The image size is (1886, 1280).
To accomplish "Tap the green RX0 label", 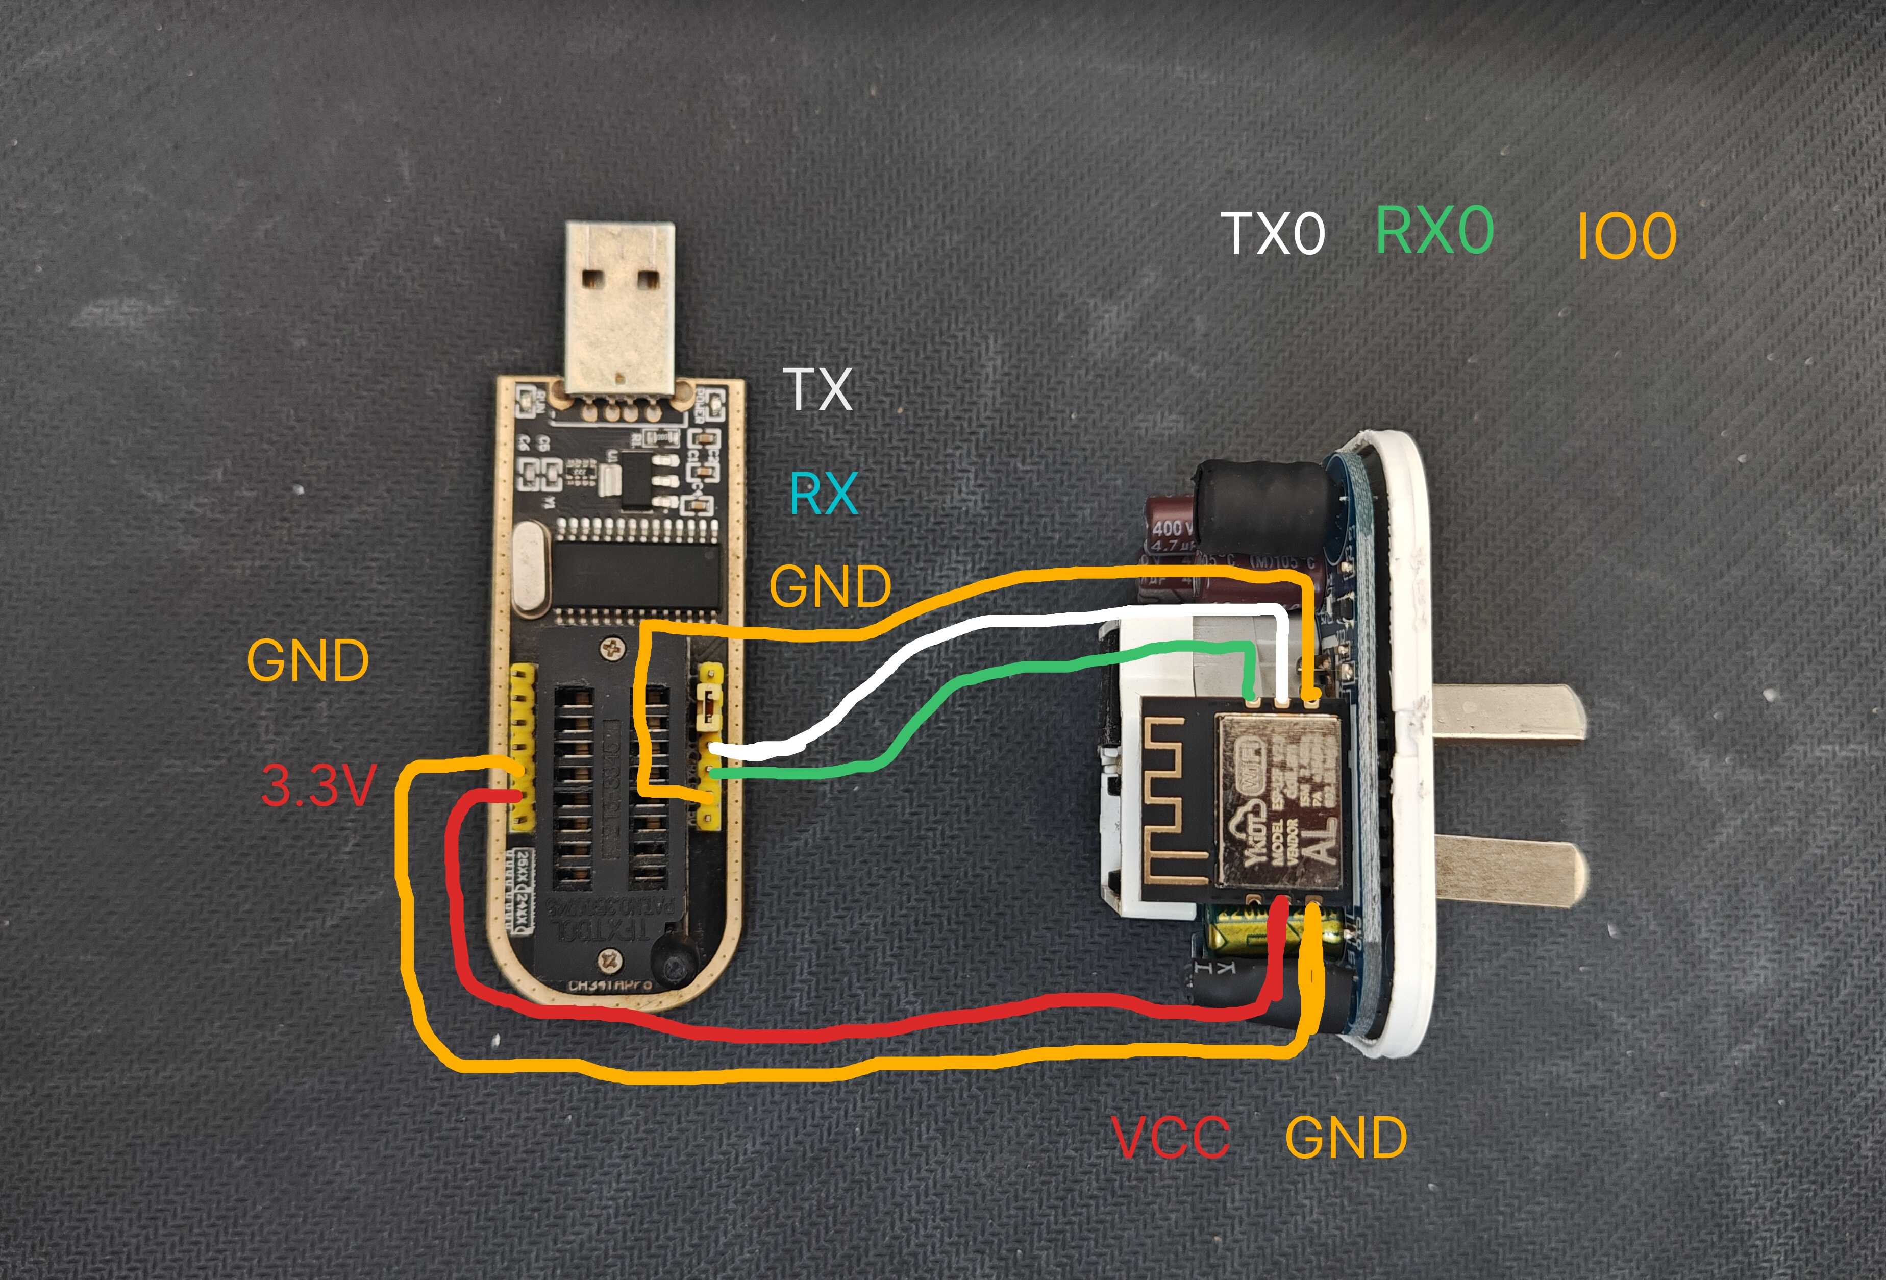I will coord(1434,231).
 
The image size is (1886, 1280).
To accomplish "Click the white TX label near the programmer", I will coord(818,389).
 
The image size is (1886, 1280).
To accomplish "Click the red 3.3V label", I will coord(318,785).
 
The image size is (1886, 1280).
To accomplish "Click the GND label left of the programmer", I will coord(308,661).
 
